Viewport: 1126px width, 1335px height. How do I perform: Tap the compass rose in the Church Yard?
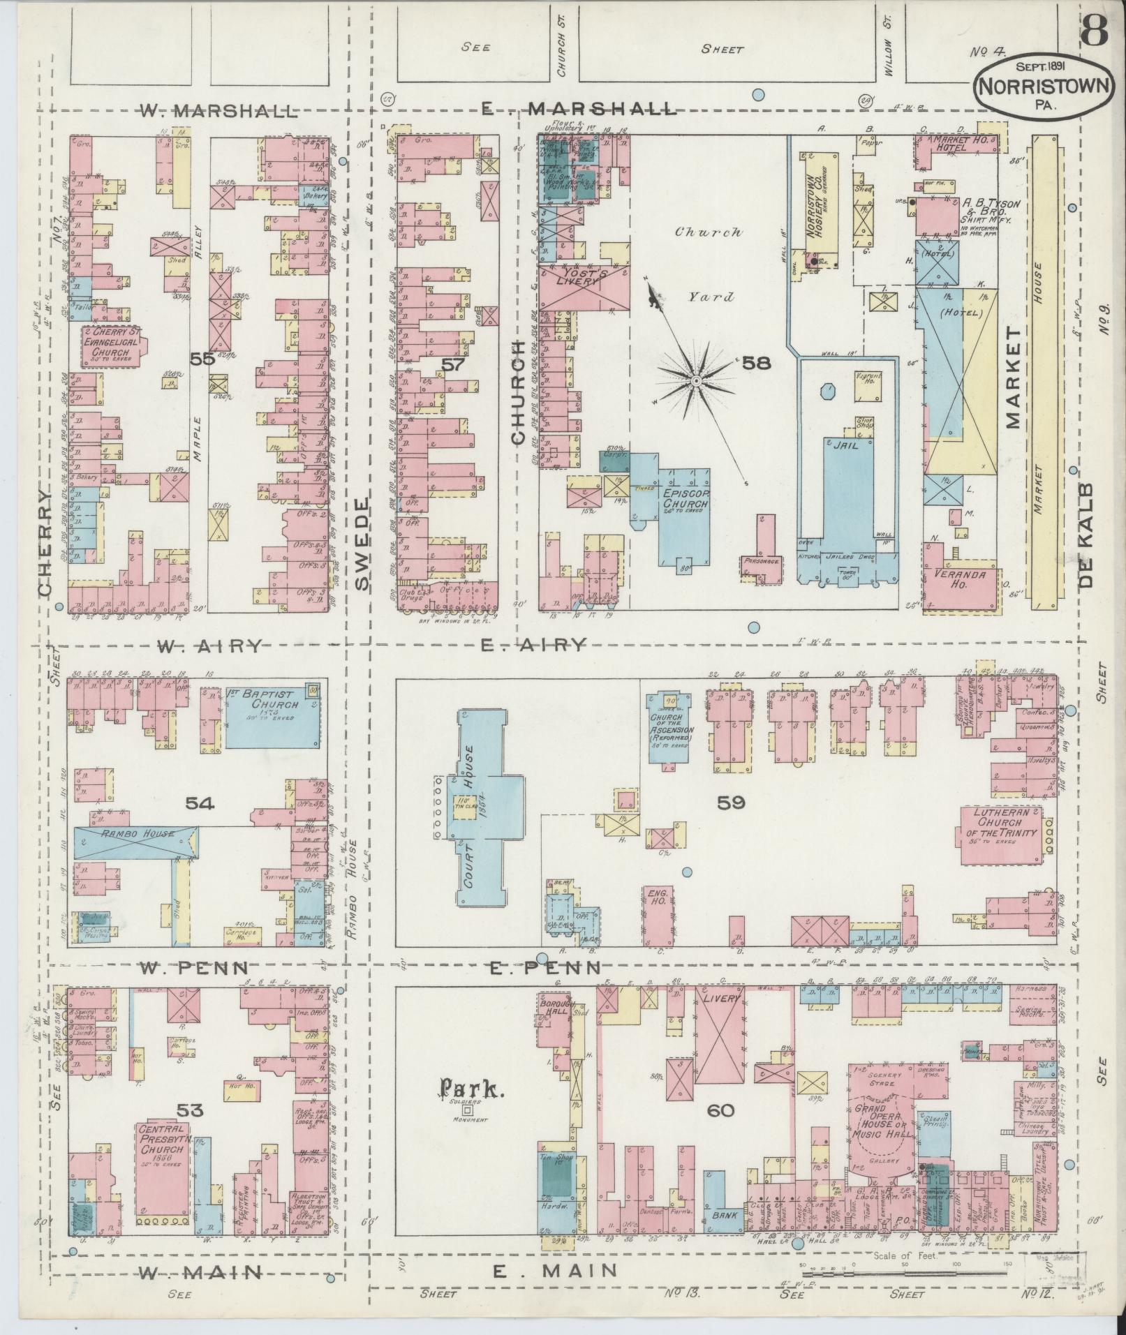[696, 380]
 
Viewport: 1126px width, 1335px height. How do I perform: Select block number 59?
[731, 803]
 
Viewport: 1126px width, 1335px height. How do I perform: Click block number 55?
[202, 359]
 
